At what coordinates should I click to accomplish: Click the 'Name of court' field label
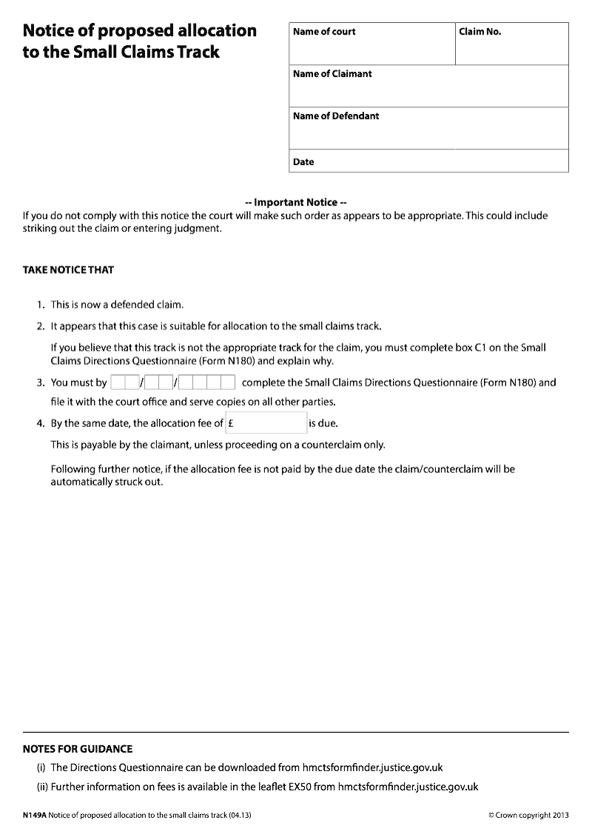pyautogui.click(x=324, y=32)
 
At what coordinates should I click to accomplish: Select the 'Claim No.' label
pyautogui.click(x=480, y=32)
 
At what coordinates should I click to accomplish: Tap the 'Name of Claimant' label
pyautogui.click(x=332, y=74)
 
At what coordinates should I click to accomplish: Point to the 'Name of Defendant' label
pyautogui.click(x=336, y=116)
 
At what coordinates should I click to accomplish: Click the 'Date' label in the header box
pyautogui.click(x=303, y=162)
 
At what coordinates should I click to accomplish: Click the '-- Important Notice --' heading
pyautogui.click(x=296, y=202)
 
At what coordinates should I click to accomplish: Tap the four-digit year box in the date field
pyautogui.click(x=207, y=383)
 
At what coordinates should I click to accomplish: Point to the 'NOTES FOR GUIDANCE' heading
pyautogui.click(x=78, y=749)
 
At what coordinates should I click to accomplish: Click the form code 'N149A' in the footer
pyautogui.click(x=34, y=815)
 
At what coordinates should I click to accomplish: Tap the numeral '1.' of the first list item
pyautogui.click(x=41, y=305)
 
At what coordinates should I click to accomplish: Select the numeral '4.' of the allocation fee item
pyautogui.click(x=41, y=424)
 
